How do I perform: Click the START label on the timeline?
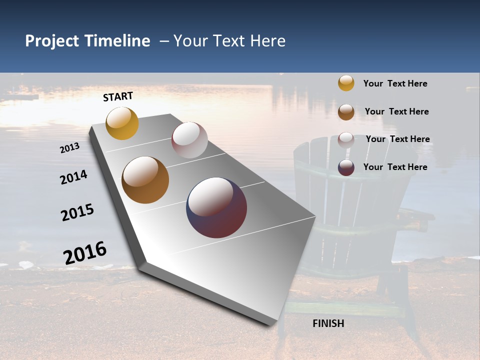tap(118, 96)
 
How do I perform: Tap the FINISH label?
tap(328, 323)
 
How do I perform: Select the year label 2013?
tap(69, 148)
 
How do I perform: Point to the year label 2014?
tap(73, 177)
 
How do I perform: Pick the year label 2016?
tap(85, 252)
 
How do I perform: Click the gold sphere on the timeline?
tap(122, 123)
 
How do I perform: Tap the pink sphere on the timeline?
tap(189, 140)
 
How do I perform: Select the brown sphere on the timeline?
tap(145, 180)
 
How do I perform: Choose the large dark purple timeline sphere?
tap(216, 207)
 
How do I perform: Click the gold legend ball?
tap(346, 83)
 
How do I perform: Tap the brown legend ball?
tap(346, 112)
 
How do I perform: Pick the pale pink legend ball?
tap(346, 139)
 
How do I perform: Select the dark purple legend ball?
tap(346, 167)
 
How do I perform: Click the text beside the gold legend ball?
tap(395, 83)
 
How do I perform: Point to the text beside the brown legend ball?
tap(396, 111)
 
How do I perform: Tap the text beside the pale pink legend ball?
tap(397, 139)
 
